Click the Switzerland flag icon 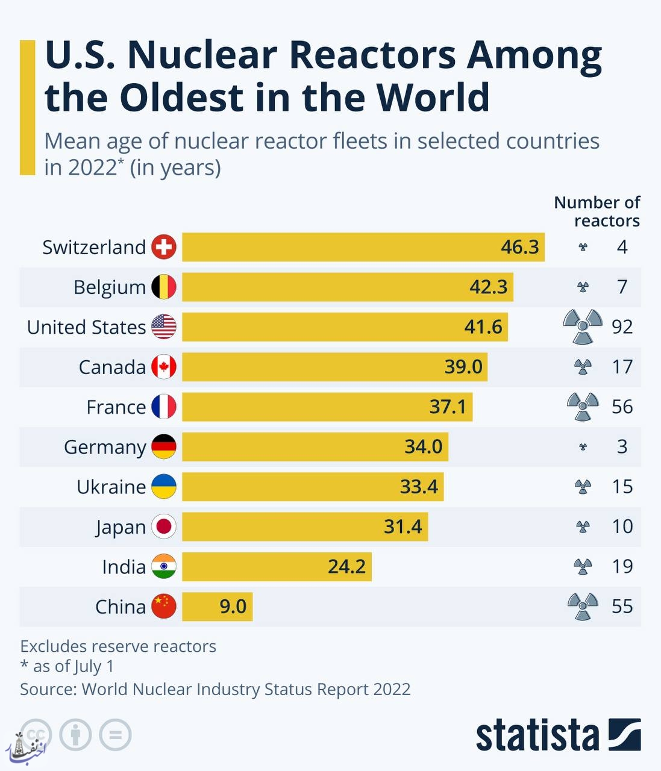tap(164, 247)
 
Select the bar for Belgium tap(348, 287)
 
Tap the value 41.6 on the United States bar tap(483, 326)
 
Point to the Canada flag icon tap(164, 367)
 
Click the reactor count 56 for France tap(622, 407)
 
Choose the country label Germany tap(105, 447)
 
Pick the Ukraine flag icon tap(164, 486)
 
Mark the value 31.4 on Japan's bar tap(403, 526)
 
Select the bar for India tap(277, 567)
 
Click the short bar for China tap(217, 607)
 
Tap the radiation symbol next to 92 tap(583, 326)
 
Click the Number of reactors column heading tap(597, 211)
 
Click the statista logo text tap(537, 735)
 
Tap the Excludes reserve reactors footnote tap(118, 646)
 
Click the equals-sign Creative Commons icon tap(116, 735)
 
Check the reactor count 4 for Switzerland tap(622, 247)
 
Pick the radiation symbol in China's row tap(583, 606)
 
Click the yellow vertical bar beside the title tap(28, 108)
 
